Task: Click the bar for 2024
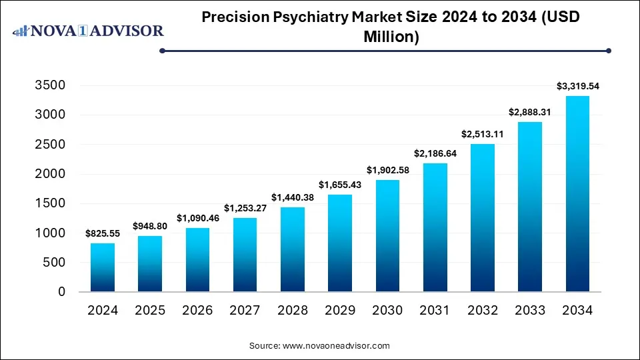(x=103, y=267)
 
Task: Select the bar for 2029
(x=340, y=243)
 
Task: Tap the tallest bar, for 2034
(x=577, y=194)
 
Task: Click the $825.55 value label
(x=103, y=233)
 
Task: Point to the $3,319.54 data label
(x=577, y=86)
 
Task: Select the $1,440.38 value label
(x=292, y=197)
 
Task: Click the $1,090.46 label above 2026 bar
(x=197, y=218)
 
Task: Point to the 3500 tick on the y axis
(x=51, y=85)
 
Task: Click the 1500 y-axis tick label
(x=51, y=203)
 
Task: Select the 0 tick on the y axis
(x=61, y=292)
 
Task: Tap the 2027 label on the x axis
(x=245, y=310)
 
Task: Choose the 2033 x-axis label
(x=529, y=310)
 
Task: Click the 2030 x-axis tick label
(x=387, y=310)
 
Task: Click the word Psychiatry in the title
(x=316, y=17)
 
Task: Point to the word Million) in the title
(x=391, y=37)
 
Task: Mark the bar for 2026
(x=197, y=260)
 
